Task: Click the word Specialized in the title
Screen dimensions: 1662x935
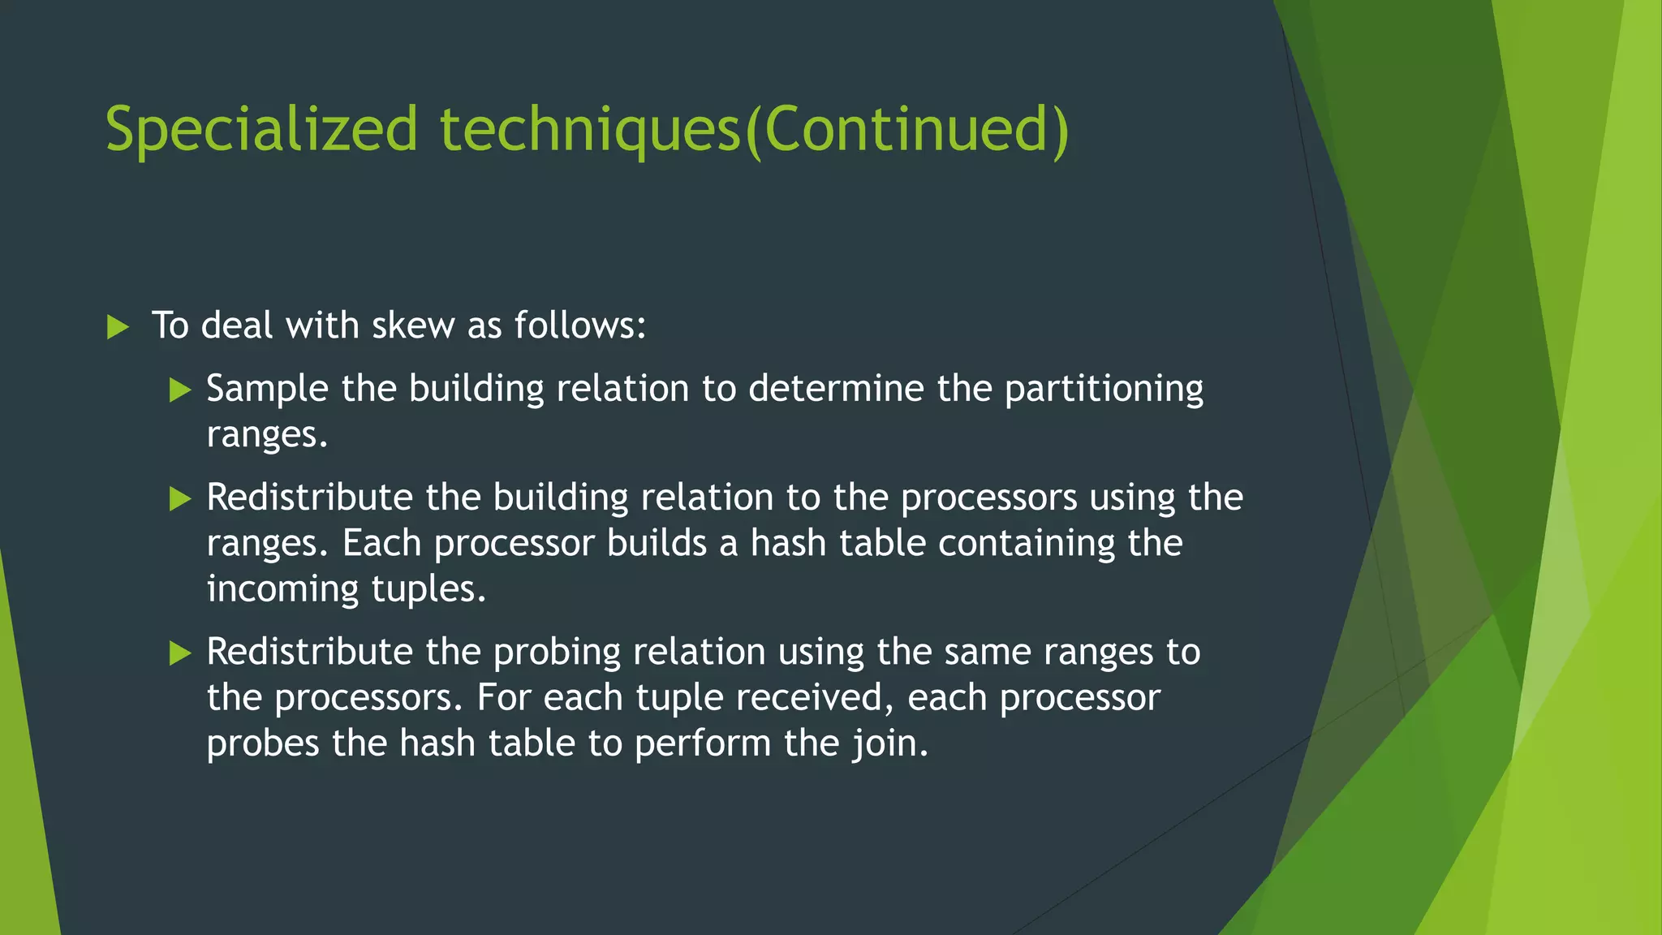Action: (261, 130)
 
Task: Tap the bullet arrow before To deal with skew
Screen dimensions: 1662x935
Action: (118, 328)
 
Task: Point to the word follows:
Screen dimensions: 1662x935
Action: (580, 326)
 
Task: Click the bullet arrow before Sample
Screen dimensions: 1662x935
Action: (180, 390)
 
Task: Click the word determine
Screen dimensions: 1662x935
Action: (836, 389)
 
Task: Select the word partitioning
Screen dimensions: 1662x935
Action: (1104, 390)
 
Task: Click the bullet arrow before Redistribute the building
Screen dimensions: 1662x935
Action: (180, 499)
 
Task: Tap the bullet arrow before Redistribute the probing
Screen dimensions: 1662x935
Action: (180, 653)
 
